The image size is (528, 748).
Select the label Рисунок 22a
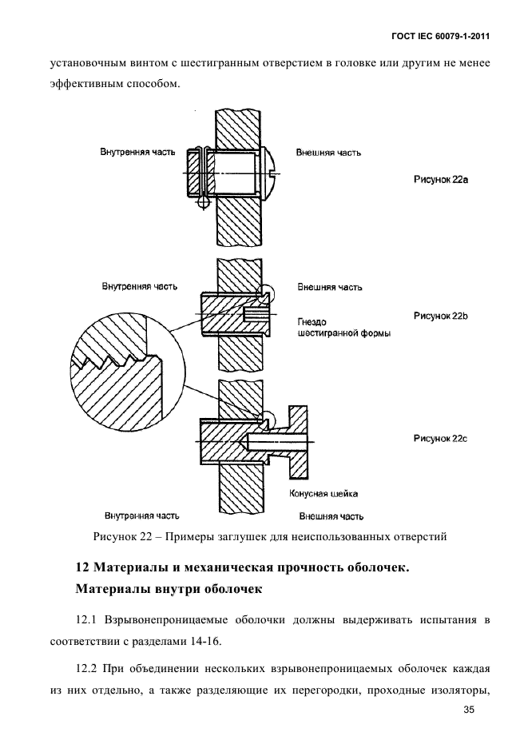pos(440,180)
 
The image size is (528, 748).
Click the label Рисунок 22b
pos(440,316)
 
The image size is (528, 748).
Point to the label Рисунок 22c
pos(440,438)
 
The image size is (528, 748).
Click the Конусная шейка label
pos(324,494)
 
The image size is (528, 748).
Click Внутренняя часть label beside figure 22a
pos(134,150)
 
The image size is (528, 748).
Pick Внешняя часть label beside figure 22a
pos(328,150)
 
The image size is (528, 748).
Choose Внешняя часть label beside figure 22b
pos(330,286)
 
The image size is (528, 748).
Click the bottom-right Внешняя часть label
pos(331,515)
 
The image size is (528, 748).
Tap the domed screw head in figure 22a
pos(273,173)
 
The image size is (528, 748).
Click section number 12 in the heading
pos(81,568)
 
